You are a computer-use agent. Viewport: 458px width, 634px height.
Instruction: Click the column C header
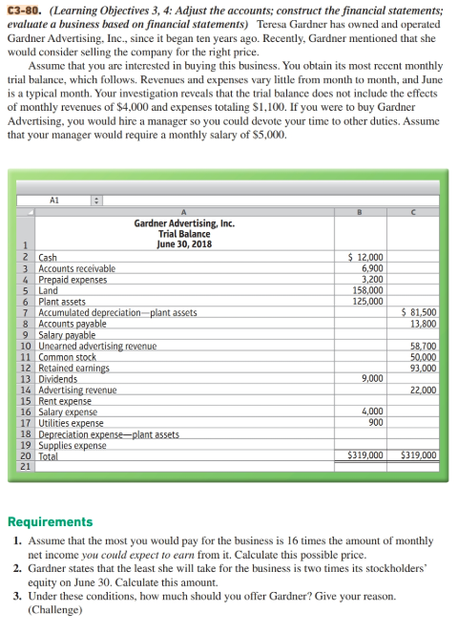[x=412, y=214]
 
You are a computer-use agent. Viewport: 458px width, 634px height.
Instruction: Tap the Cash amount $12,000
[x=365, y=258]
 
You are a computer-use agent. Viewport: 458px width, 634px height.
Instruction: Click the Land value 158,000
[x=367, y=289]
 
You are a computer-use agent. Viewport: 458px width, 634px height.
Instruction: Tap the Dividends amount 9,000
[x=372, y=378]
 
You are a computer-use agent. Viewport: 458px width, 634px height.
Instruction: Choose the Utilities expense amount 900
[x=375, y=421]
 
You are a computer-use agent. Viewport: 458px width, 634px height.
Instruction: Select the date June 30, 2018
[x=184, y=243]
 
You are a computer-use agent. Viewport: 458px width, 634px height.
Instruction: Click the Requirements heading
[x=50, y=521]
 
